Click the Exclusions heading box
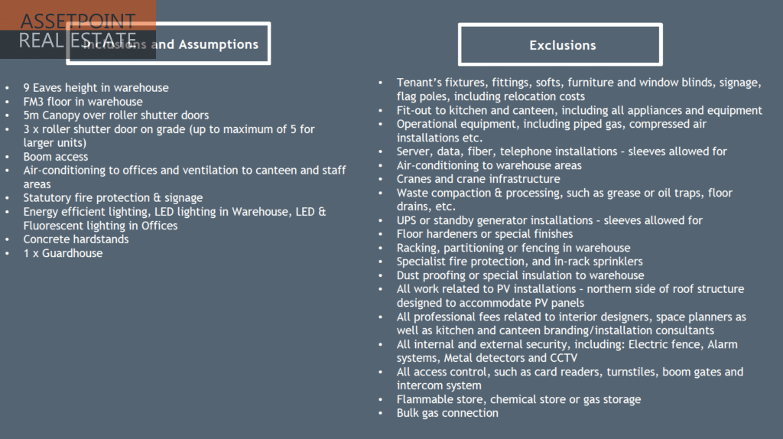click(560, 45)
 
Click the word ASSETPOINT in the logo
click(77, 21)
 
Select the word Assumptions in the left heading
click(217, 44)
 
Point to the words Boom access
click(56, 157)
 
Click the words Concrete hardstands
click(76, 239)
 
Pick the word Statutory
click(48, 198)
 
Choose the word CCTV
click(564, 358)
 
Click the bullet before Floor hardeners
click(382, 234)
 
